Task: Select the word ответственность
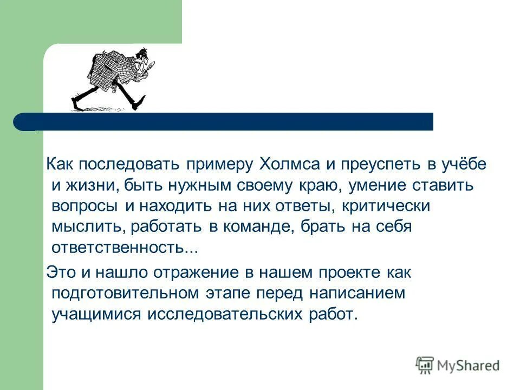tap(125, 248)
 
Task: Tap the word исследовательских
tap(225, 315)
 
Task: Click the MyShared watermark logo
tap(458, 365)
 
